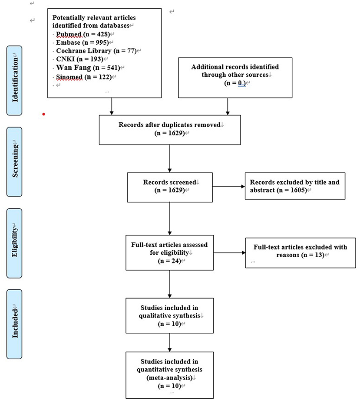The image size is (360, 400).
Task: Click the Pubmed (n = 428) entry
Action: point(83,34)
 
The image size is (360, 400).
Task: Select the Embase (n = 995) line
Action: point(83,43)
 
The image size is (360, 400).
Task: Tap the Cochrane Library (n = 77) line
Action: point(96,51)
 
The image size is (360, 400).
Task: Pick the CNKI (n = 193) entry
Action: point(79,59)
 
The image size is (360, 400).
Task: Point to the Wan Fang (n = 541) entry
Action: point(88,68)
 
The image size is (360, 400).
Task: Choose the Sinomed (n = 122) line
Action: point(84,77)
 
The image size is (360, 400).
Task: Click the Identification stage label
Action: point(14,80)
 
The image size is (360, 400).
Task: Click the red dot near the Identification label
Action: point(44,114)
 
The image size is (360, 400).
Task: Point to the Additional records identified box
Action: point(235,78)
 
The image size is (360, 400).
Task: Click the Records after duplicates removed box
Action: point(170,130)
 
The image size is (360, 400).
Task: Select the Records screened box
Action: point(170,187)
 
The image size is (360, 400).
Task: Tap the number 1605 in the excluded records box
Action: point(298,190)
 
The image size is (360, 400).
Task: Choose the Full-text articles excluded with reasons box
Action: point(301,253)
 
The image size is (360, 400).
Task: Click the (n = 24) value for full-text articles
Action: point(169,261)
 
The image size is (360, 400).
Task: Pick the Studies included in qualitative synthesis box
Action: point(169,315)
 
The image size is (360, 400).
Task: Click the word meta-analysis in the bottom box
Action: point(169,377)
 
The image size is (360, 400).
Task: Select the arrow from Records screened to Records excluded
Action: point(229,187)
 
